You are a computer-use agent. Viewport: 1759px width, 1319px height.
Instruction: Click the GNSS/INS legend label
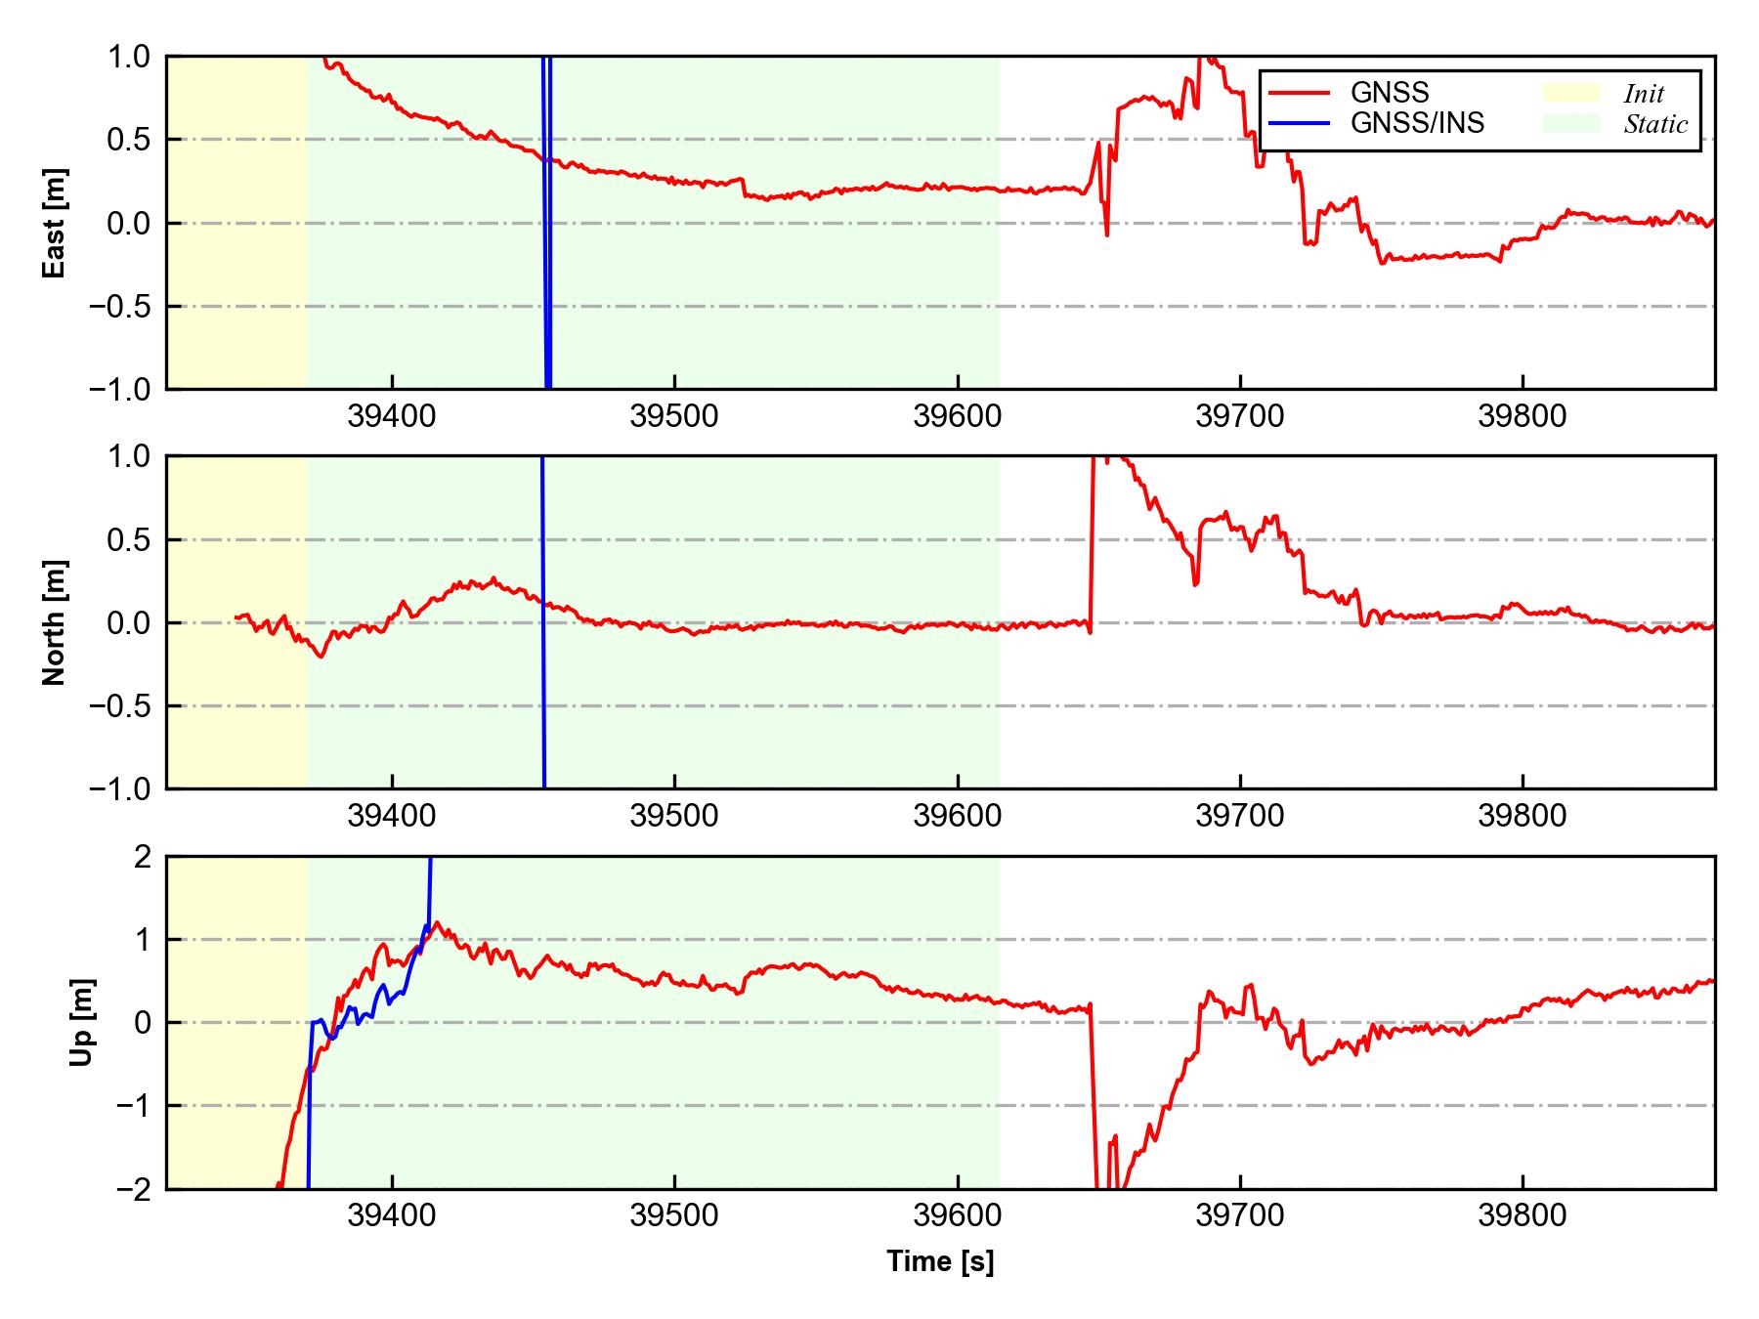click(1417, 123)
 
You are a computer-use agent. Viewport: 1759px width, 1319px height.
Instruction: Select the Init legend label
click(1644, 94)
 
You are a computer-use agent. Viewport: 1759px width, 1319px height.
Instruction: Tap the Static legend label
click(1655, 124)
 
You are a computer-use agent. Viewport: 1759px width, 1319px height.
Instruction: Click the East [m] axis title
click(55, 223)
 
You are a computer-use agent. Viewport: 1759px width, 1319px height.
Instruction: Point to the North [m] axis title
click(55, 622)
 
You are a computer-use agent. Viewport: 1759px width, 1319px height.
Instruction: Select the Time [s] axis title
click(940, 1261)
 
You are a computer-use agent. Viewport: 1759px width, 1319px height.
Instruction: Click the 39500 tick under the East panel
click(674, 417)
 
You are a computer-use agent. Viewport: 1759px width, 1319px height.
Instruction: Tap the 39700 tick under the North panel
click(1240, 816)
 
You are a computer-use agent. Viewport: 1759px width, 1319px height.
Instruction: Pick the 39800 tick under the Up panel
click(1523, 1216)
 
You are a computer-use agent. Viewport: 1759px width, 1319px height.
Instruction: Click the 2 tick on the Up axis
click(143, 857)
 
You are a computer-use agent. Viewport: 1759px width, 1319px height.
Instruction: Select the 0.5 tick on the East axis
click(129, 140)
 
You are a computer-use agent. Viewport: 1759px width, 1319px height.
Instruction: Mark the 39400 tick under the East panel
click(392, 417)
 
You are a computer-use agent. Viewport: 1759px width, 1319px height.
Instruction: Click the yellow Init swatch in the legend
click(1571, 93)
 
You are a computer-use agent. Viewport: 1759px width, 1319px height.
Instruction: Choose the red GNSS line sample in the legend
click(1299, 93)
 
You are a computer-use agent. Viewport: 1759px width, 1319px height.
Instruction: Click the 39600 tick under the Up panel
click(958, 1216)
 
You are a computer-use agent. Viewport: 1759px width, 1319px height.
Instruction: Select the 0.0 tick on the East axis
click(129, 224)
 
